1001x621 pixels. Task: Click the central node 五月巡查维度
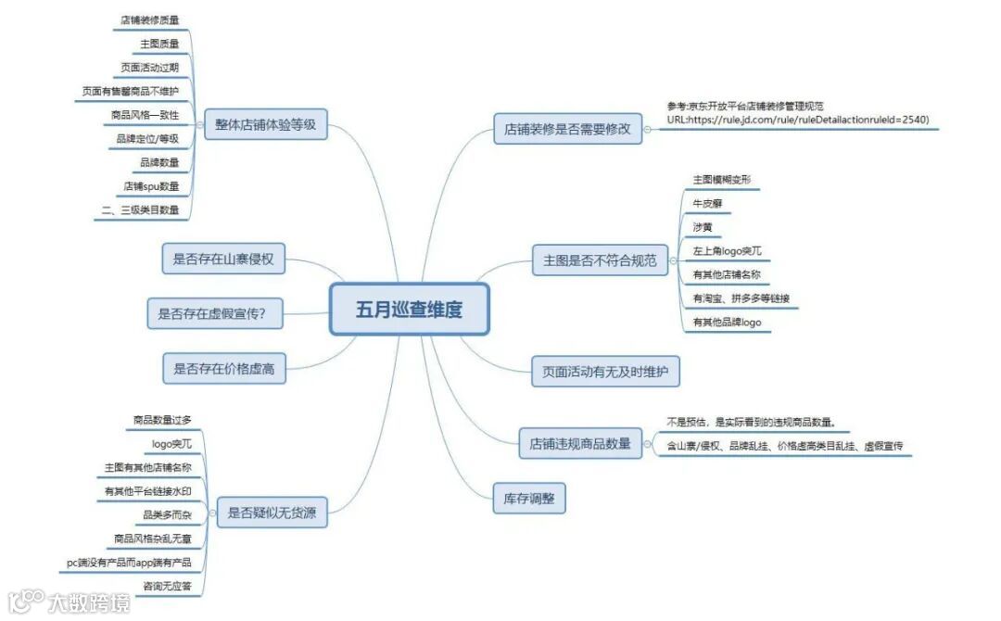409,310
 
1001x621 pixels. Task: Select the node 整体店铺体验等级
265,123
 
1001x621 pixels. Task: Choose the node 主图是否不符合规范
600,260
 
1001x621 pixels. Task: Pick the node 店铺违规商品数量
580,443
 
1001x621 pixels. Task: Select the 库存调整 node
528,500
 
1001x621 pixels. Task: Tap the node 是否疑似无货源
272,512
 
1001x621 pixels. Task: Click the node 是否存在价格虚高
223,368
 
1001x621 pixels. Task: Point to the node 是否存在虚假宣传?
219,313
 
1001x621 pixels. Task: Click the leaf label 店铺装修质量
149,19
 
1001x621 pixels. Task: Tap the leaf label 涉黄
702,227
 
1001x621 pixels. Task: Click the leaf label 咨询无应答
167,586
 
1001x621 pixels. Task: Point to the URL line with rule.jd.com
797,120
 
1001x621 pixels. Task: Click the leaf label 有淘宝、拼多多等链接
741,298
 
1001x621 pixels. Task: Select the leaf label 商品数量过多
162,420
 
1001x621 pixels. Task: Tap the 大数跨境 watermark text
89,602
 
